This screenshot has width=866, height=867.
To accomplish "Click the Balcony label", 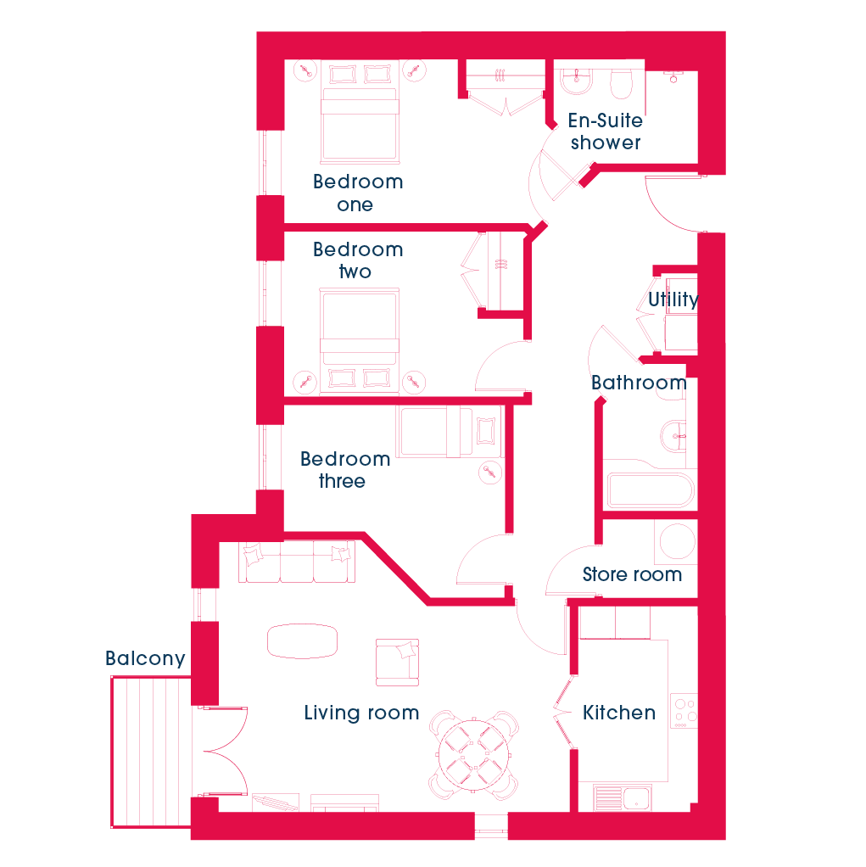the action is [145, 658].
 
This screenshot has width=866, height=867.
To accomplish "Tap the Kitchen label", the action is [619, 713].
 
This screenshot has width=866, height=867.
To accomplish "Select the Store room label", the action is [632, 574].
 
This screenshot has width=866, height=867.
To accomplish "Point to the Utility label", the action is [673, 299].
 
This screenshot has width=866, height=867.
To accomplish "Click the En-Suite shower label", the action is [606, 131].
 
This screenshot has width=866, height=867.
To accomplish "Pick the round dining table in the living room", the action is [473, 755].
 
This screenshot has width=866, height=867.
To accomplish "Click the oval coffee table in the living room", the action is [302, 641].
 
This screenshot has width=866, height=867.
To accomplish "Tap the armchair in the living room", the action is [397, 663].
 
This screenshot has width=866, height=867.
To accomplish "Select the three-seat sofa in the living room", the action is [297, 562].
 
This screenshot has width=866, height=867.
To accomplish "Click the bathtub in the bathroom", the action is [651, 489].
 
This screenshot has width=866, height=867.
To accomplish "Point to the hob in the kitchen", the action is [684, 711].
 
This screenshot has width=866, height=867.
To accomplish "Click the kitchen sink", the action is [623, 798].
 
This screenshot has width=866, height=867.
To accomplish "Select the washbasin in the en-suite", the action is [576, 81].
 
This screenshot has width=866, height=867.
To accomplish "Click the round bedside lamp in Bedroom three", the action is [489, 473].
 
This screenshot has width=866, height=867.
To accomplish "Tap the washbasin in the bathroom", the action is [673, 436].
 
